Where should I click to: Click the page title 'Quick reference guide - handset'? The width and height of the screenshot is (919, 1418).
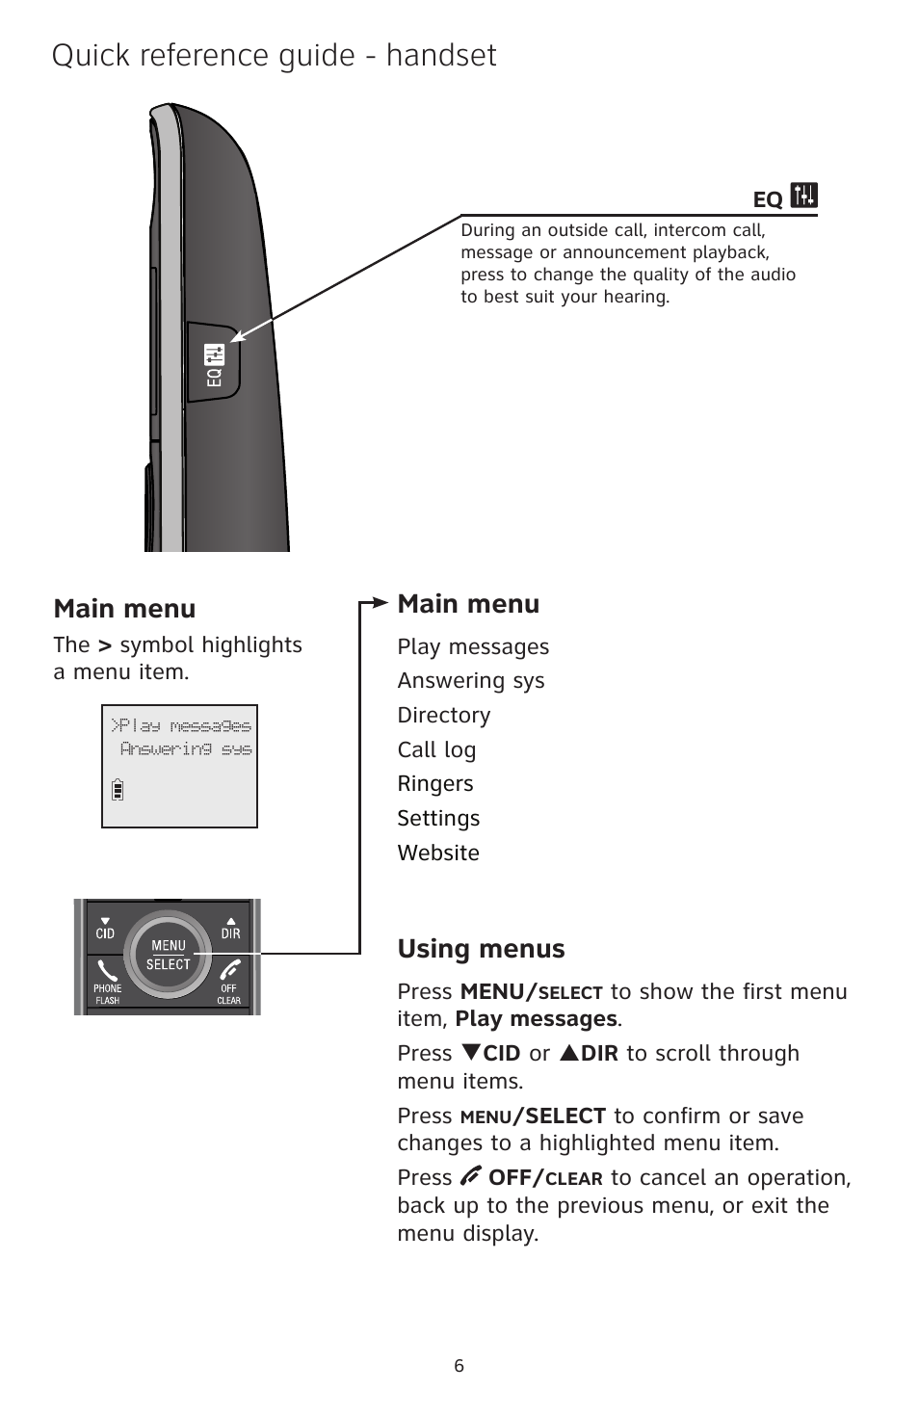pyautogui.click(x=274, y=56)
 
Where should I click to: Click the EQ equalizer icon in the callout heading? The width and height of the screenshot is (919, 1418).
pyautogui.click(x=803, y=196)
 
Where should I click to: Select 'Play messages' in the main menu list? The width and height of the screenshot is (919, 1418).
pyautogui.click(x=473, y=646)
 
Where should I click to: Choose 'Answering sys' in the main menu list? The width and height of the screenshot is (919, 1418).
pyautogui.click(x=470, y=681)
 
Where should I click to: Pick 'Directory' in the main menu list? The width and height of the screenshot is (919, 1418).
pyautogui.click(x=443, y=715)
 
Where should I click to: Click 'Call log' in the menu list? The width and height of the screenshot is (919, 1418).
pyautogui.click(x=436, y=749)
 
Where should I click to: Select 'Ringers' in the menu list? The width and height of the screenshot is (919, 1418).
pyautogui.click(x=434, y=783)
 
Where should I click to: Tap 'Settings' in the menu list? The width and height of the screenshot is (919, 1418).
pyautogui.click(x=438, y=818)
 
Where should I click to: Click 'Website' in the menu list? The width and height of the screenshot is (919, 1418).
pyautogui.click(x=437, y=853)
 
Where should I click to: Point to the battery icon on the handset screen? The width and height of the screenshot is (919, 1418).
pyautogui.click(x=118, y=788)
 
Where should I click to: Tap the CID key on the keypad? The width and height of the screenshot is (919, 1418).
pyautogui.click(x=105, y=929)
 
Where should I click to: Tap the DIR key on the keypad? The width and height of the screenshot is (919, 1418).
pyautogui.click(x=231, y=929)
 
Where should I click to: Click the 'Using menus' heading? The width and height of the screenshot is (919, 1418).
pyautogui.click(x=481, y=949)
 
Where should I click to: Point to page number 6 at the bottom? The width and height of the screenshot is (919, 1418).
pyautogui.click(x=459, y=1365)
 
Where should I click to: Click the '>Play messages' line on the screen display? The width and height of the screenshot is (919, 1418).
pyautogui.click(x=181, y=725)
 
